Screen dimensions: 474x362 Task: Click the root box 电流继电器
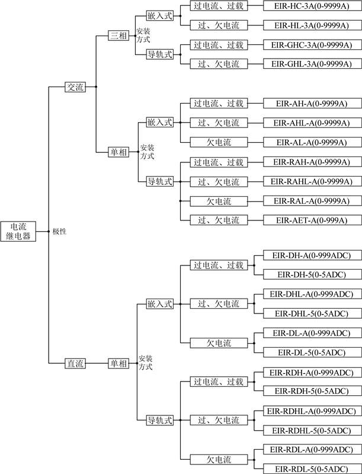coord(18,231)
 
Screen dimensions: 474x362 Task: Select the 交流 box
coord(75,87)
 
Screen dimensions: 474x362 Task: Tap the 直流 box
coord(75,364)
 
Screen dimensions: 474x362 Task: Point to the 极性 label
coord(59,231)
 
